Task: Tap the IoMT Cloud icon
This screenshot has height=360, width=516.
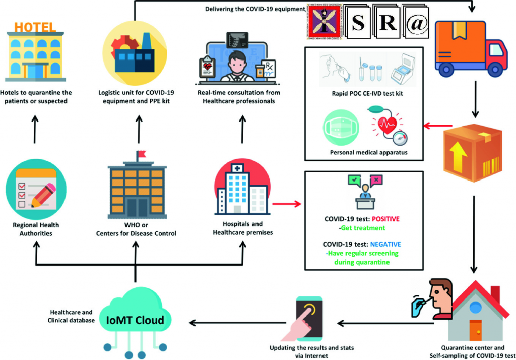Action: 135,319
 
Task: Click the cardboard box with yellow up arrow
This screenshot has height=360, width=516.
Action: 473,150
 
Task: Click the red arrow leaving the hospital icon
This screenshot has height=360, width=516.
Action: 286,205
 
